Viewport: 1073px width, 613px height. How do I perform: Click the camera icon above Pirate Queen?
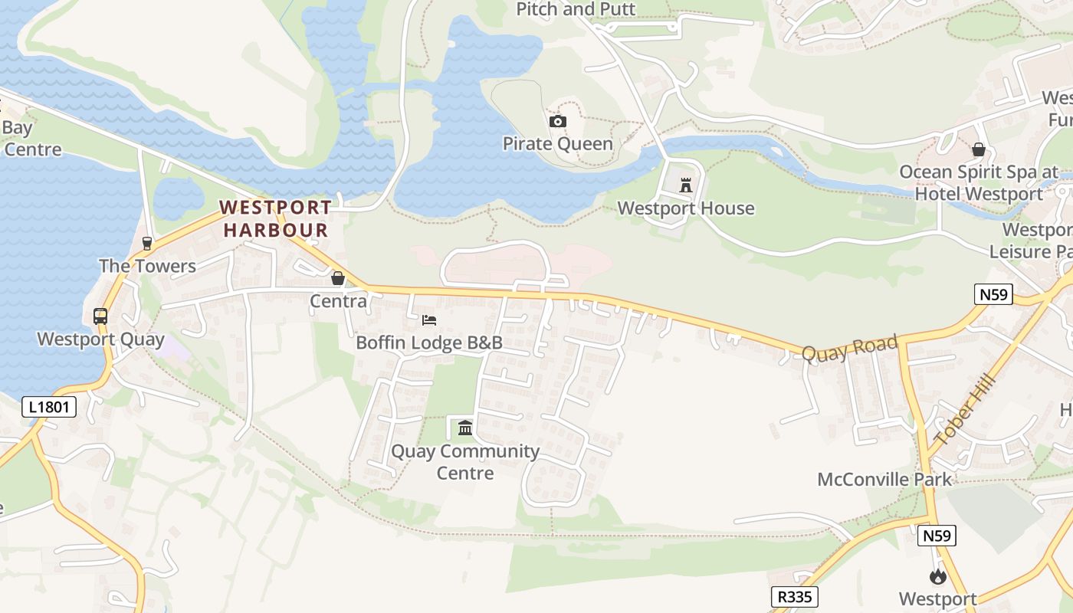click(x=558, y=121)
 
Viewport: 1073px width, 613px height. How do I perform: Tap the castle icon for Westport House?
click(x=686, y=185)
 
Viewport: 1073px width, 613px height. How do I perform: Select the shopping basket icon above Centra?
click(x=338, y=278)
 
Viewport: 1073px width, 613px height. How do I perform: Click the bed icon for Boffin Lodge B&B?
click(x=429, y=320)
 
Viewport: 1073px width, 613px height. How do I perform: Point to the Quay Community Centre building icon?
click(x=465, y=428)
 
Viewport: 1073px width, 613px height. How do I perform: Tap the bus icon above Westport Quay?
click(x=100, y=316)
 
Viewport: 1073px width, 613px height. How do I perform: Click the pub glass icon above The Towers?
click(x=147, y=244)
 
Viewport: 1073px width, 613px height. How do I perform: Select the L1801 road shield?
click(x=49, y=406)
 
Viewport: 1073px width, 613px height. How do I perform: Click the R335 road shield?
click(x=794, y=597)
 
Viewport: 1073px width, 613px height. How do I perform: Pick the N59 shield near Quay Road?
click(x=994, y=294)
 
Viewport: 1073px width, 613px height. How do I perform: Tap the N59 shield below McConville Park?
click(x=937, y=536)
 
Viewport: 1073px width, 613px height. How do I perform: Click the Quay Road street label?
click(x=849, y=349)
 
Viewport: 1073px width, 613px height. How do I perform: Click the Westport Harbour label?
click(x=276, y=218)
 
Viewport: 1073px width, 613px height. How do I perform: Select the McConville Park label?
click(x=884, y=480)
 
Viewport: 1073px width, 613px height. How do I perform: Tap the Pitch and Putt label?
click(x=576, y=9)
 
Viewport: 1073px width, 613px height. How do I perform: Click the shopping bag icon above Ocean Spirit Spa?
click(x=978, y=149)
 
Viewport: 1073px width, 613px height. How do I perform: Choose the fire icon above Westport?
click(x=937, y=577)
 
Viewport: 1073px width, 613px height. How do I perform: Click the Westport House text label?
click(x=686, y=208)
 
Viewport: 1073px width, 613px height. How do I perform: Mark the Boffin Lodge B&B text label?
click(x=429, y=343)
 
